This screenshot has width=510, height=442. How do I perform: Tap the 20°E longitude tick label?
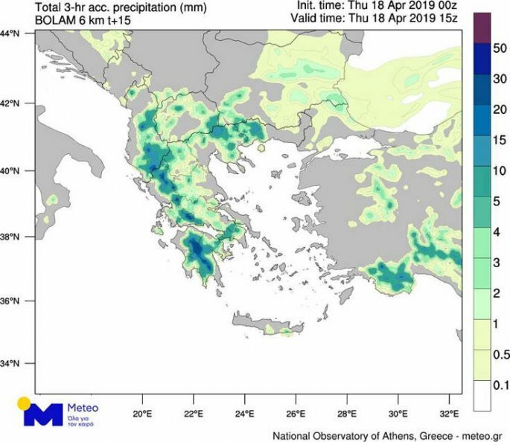[x=143, y=411]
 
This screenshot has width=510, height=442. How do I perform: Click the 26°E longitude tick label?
[x=296, y=411]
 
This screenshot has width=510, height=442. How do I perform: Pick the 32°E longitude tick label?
[x=449, y=411]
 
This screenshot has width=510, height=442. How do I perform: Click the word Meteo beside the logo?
[x=83, y=408]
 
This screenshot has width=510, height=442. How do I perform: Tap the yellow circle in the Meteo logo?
[x=25, y=403]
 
